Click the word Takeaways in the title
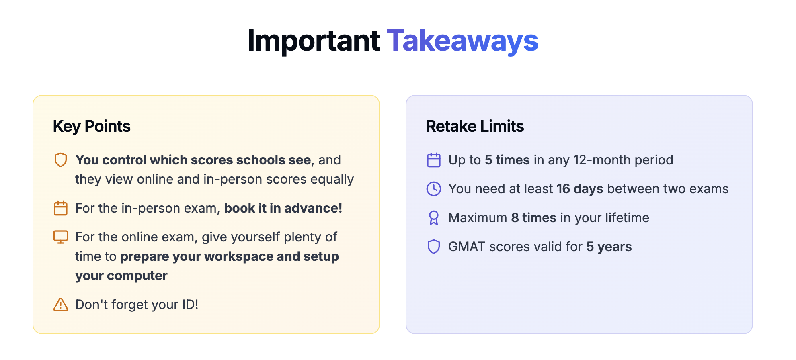point(462,41)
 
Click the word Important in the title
point(314,41)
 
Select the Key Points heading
point(92,127)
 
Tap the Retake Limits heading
point(475,126)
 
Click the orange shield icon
point(61,160)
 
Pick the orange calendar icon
point(61,208)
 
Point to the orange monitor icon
point(61,237)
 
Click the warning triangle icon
point(61,305)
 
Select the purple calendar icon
point(434,160)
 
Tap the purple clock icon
point(434,189)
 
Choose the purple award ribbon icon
point(434,218)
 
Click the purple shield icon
point(434,247)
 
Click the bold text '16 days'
point(580,189)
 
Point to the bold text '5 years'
point(609,247)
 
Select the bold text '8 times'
point(533,218)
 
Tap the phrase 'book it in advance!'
point(283,208)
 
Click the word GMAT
point(467,247)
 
